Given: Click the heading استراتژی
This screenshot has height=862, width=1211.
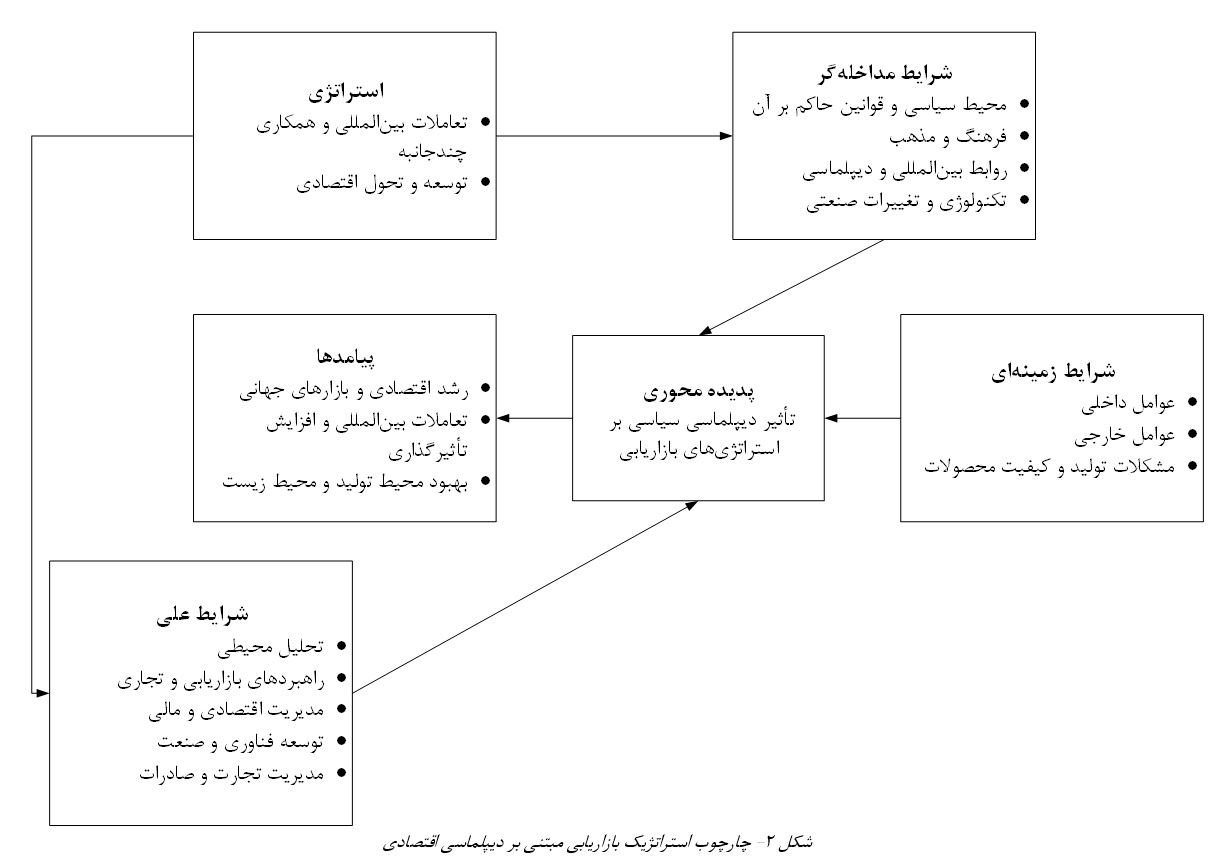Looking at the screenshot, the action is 346,91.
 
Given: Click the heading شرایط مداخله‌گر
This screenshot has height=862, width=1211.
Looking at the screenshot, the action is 885,73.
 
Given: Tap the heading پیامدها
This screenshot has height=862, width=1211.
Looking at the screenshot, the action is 345,357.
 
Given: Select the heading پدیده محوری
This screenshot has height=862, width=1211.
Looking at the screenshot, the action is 698,391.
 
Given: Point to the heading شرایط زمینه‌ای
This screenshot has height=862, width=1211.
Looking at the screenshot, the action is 1053,372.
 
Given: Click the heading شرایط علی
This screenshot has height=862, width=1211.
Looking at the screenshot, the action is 202,615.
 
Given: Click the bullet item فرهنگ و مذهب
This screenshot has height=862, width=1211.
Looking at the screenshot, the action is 948,137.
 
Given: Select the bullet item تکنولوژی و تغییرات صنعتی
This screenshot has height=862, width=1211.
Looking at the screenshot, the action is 906,201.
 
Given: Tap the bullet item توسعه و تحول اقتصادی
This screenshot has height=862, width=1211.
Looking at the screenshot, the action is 382,183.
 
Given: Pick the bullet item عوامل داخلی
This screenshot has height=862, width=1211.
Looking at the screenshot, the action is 1128,403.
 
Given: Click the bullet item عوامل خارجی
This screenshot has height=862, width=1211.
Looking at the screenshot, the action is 1124,435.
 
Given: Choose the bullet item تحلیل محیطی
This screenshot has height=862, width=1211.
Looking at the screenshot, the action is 270,647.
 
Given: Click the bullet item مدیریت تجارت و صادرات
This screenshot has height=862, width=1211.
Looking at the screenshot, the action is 232,774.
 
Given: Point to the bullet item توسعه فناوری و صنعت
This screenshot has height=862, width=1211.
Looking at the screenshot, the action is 241,742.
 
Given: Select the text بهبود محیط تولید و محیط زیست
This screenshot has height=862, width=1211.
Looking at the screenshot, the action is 345,482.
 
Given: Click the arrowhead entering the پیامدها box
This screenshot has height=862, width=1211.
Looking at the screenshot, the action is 503,418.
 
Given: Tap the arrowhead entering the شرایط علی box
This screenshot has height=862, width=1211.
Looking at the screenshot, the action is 43,693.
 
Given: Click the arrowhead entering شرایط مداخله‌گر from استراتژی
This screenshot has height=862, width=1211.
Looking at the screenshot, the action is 726,136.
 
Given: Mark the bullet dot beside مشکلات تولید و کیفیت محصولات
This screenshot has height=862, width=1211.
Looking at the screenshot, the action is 1193,466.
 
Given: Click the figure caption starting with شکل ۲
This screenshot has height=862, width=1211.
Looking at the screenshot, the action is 597,842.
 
